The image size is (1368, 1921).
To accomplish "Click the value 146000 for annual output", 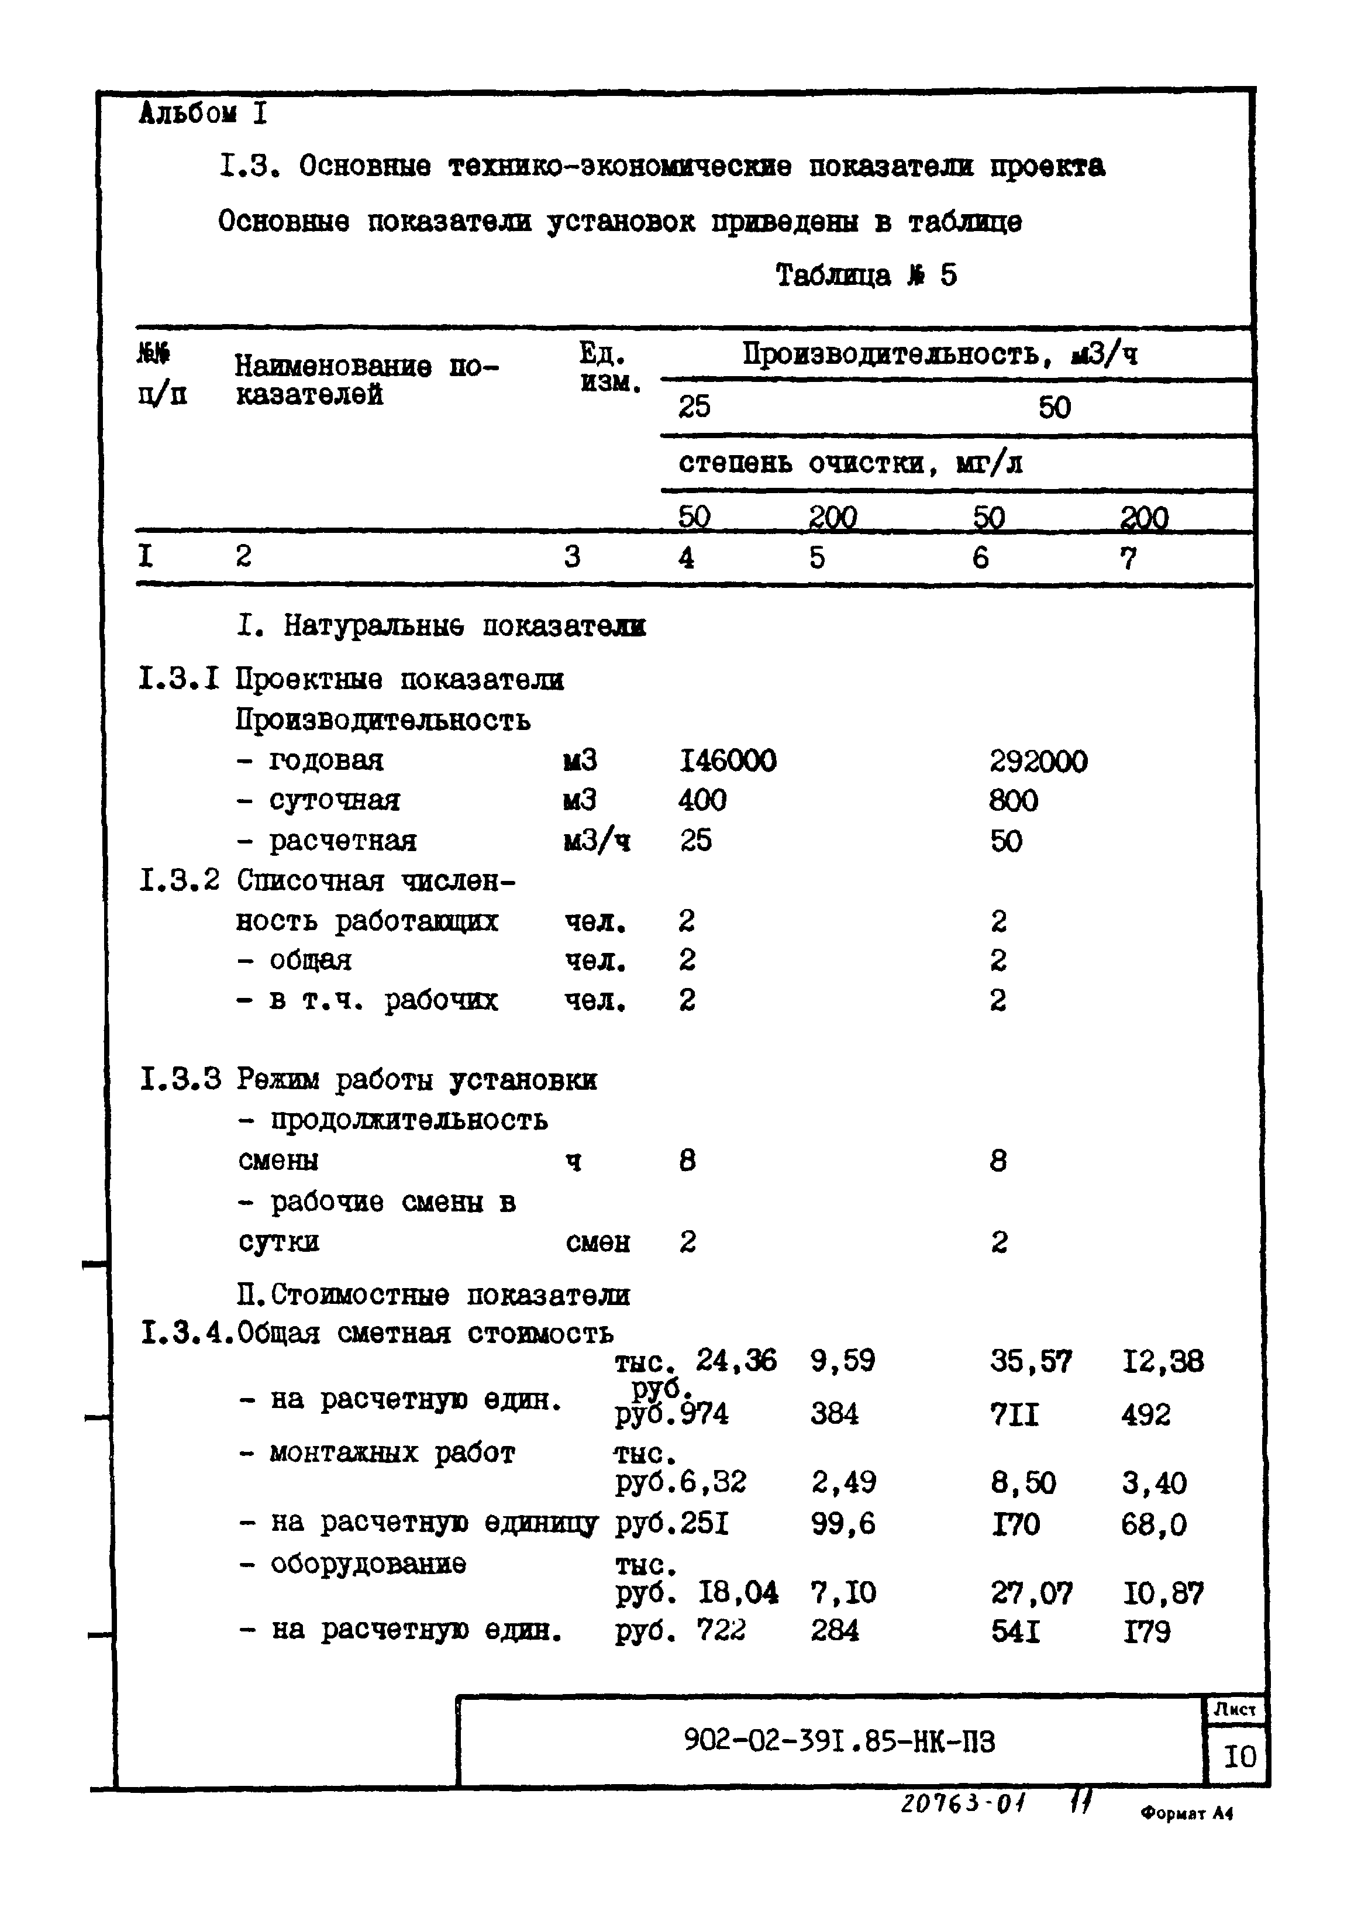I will (x=727, y=761).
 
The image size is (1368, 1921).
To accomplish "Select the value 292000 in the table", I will (x=1038, y=762).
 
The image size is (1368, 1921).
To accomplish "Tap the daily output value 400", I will (x=702, y=800).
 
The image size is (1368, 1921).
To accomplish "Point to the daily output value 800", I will (x=1014, y=800).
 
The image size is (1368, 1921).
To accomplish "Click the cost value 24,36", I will (x=735, y=1361).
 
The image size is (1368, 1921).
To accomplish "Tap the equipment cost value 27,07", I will (x=1031, y=1592).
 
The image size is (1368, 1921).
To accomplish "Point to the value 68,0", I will (x=1153, y=1524).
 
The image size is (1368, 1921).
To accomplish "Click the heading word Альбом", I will (x=187, y=113).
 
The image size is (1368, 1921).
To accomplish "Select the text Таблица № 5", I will (x=866, y=276).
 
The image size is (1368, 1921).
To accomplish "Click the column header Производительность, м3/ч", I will (x=939, y=354).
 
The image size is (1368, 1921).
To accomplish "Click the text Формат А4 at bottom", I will (x=1187, y=1814).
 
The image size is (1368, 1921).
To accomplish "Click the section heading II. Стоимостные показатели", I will (x=434, y=1294).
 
